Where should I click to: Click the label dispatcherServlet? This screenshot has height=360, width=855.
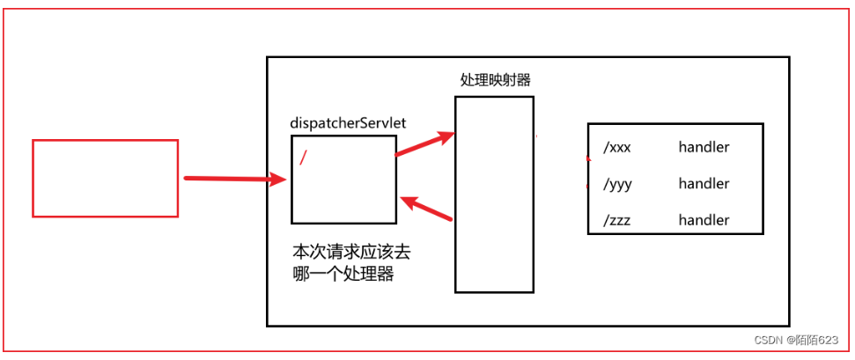(x=348, y=124)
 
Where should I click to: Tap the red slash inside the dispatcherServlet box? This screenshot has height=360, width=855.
(x=304, y=158)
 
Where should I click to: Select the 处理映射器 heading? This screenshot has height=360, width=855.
(x=495, y=80)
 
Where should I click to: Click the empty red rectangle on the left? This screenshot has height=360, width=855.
(x=105, y=178)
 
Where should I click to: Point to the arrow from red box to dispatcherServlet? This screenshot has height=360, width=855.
(x=234, y=179)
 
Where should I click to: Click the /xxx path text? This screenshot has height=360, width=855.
(x=617, y=148)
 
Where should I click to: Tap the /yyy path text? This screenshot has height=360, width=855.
(x=617, y=184)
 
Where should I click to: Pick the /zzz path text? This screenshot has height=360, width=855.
(x=617, y=220)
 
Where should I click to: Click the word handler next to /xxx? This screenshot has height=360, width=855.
(x=704, y=148)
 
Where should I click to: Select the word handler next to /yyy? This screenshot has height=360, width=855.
(x=704, y=184)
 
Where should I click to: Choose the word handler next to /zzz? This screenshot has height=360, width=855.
(x=704, y=220)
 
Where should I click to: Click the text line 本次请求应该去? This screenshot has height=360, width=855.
(x=351, y=252)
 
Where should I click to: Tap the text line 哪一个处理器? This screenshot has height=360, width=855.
(x=343, y=274)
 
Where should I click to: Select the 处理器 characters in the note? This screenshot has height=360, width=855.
(x=370, y=274)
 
